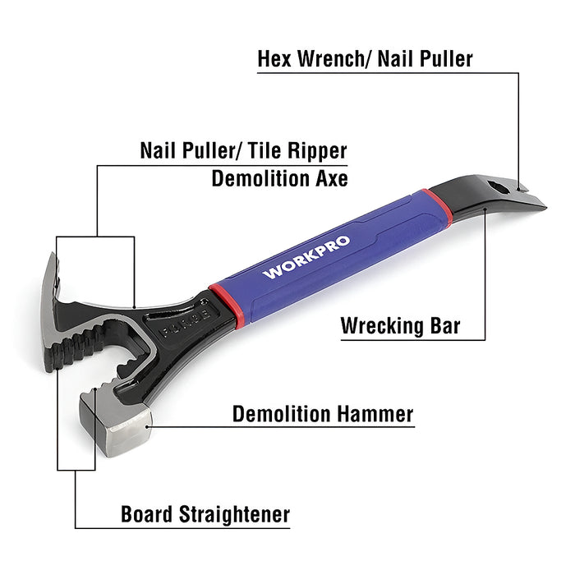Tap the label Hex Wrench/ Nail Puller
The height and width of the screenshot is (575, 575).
365,58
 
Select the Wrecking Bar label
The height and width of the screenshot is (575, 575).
401,326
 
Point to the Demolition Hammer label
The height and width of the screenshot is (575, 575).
323,414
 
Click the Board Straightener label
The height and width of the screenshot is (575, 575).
205,515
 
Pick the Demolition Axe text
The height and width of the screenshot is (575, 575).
279,178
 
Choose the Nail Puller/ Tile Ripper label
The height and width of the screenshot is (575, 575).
243,151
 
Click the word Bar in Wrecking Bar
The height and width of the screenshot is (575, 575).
444,326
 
